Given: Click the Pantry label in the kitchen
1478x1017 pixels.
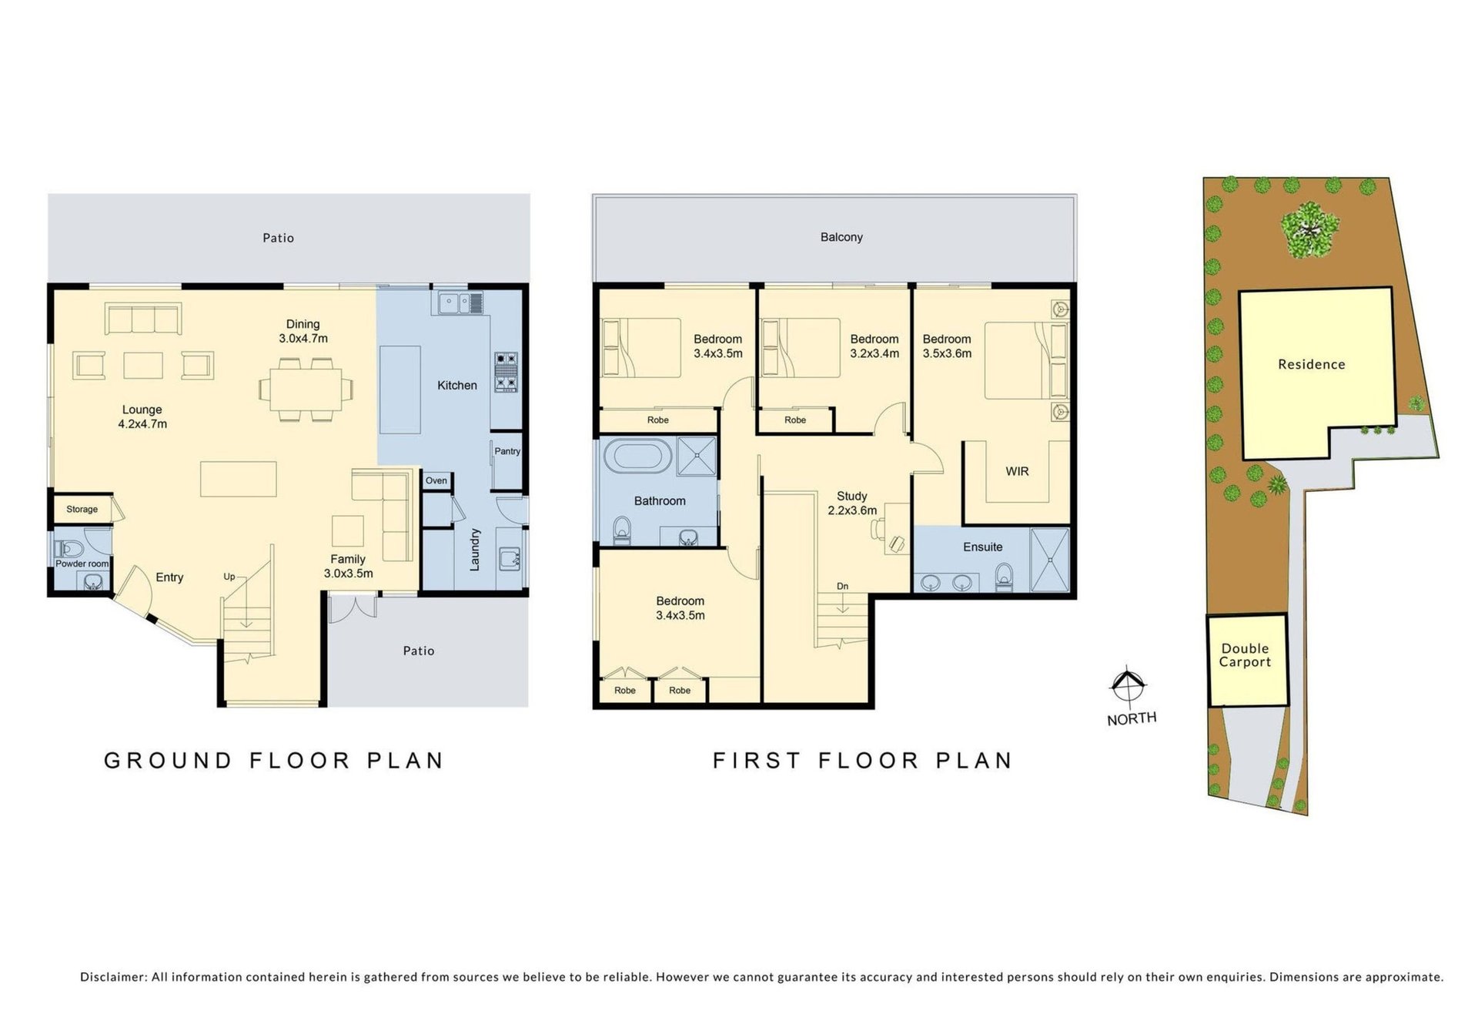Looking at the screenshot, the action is click(x=507, y=451).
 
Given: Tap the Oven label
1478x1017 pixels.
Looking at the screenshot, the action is click(x=436, y=480).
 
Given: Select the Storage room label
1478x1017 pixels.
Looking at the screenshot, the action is click(x=82, y=509).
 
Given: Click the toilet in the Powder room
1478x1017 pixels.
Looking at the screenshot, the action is click(x=69, y=549).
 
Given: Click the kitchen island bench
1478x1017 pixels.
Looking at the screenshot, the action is click(x=400, y=390).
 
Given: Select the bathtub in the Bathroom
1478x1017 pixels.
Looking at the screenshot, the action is click(x=637, y=456).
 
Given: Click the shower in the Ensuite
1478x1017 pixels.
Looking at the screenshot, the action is click(x=1049, y=560).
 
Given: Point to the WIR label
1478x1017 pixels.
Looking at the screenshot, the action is click(x=1017, y=471).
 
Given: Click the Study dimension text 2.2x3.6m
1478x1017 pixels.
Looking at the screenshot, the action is click(x=852, y=510).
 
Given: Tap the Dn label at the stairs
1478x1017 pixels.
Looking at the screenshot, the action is click(x=843, y=586).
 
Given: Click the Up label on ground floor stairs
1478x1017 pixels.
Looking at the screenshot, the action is click(x=229, y=577).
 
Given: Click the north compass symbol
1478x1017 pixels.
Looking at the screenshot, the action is click(x=1128, y=685).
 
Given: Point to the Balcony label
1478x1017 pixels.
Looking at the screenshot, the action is click(x=841, y=237).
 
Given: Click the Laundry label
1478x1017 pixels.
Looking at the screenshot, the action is click(x=475, y=549).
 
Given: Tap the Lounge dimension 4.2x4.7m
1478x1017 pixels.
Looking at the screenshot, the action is click(x=142, y=423).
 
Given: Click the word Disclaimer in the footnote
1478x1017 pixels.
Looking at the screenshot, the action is click(x=114, y=977).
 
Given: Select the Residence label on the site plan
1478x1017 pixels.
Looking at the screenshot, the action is click(x=1312, y=364).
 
